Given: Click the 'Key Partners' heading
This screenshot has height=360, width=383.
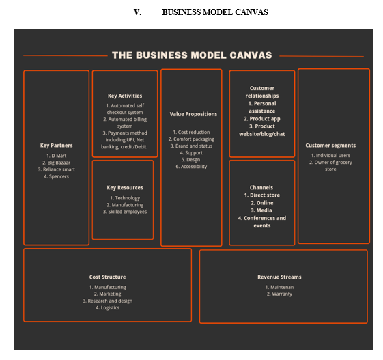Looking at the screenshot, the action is pos(57,146).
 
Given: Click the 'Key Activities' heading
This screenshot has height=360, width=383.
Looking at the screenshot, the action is pos(125,96).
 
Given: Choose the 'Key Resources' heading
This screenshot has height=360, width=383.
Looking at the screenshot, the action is pos(125,187).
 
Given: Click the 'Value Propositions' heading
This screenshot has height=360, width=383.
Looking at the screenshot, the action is pos(193,114).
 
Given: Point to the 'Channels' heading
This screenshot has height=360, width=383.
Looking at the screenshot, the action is pos(261,187).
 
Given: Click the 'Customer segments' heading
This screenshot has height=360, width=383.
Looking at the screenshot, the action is pos(330,146).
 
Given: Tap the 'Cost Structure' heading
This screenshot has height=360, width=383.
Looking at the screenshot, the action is pos(107,277).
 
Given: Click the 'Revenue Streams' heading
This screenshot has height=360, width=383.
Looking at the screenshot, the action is pos(279,277).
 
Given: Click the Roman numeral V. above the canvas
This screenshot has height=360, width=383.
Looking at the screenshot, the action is pos(137,12).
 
